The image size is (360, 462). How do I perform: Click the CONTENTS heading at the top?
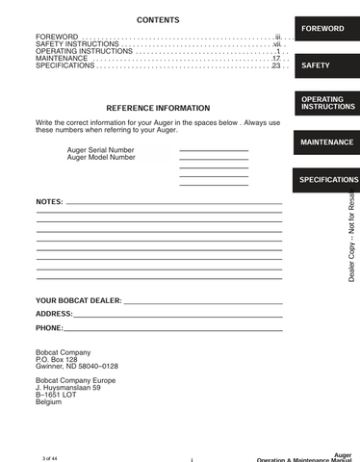tap(158, 20)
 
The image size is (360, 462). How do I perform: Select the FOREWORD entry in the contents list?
tap(57, 37)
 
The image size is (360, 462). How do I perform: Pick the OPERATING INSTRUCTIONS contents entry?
tap(83, 51)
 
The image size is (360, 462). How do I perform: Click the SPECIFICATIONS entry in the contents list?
tap(65, 65)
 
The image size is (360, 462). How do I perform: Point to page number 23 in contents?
tap(275, 65)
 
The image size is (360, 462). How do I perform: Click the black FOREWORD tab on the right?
tap(322, 29)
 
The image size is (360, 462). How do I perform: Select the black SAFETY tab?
tap(316, 65)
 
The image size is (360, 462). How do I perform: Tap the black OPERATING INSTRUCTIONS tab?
tap(327, 103)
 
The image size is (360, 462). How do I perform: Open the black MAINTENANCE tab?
tap(326, 142)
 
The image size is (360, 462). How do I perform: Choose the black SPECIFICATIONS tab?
tap(328, 180)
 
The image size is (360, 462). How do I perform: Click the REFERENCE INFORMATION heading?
tap(158, 108)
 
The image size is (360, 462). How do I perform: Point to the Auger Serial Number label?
tap(101, 150)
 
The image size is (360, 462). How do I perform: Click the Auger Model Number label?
tap(101, 157)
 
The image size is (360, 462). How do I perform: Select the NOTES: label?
tap(49, 202)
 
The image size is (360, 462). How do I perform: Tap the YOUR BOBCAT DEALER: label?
tap(78, 300)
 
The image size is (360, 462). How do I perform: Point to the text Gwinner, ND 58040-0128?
tap(77, 367)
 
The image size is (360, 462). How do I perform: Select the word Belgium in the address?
tap(48, 401)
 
